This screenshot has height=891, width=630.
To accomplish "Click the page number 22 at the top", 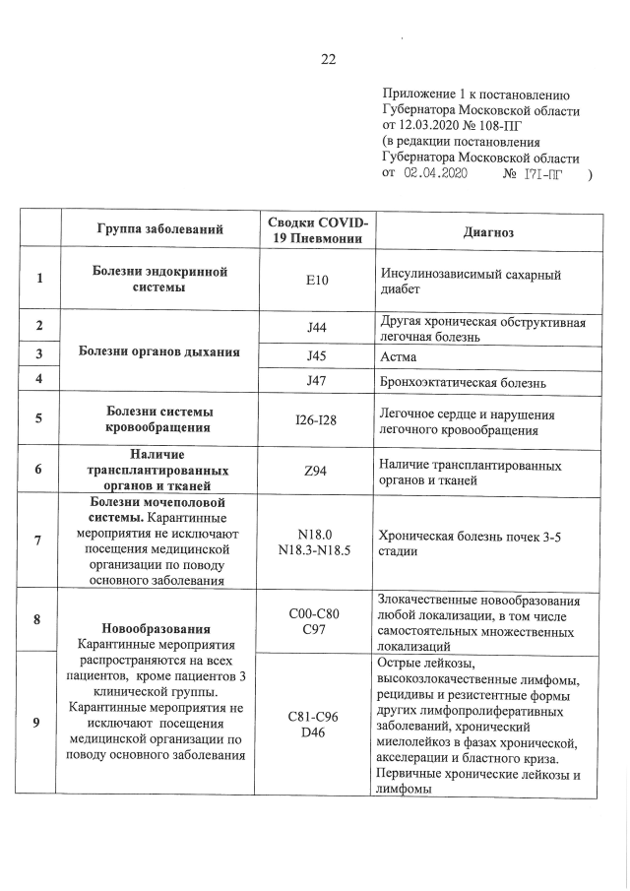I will coord(329,58).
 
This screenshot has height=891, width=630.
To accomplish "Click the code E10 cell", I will coord(316,281).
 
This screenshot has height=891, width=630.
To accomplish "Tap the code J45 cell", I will coord(316,354).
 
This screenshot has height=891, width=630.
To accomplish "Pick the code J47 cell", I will coord(316,380).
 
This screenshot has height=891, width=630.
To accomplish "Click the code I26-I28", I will coord(316,419).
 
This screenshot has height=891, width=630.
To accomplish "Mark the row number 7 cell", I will coord(39,541).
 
